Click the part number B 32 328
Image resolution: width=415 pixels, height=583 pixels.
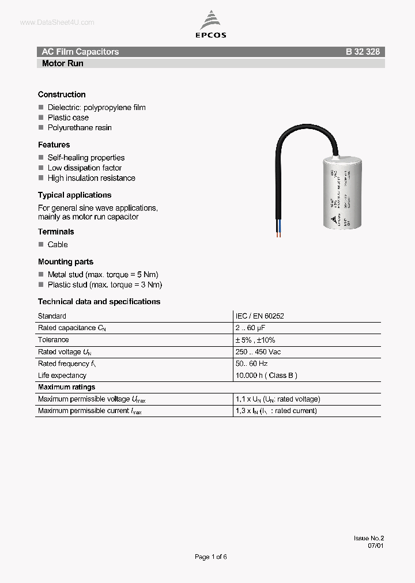[x=363, y=52]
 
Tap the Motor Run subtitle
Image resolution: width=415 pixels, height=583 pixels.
[x=62, y=63]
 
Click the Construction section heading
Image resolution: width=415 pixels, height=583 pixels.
[x=62, y=94]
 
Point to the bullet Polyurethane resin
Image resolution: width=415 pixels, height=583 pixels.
[x=80, y=127]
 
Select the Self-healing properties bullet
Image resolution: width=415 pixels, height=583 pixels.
[x=86, y=157]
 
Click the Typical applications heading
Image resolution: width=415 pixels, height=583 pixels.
[x=74, y=195]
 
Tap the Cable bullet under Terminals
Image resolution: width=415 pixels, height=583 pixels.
[x=58, y=244]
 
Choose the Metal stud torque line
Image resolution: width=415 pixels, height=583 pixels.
[x=103, y=274]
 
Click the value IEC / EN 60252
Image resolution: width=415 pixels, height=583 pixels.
[x=259, y=316]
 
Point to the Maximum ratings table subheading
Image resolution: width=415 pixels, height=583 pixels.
[x=66, y=387]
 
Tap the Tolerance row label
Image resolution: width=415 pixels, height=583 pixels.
[x=53, y=340]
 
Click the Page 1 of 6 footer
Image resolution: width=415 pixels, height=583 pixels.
[x=211, y=556]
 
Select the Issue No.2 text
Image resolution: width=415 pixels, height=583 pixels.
[x=368, y=538]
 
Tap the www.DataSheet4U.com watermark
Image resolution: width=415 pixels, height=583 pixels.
[x=56, y=22]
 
